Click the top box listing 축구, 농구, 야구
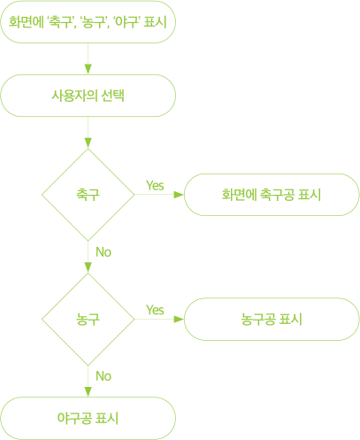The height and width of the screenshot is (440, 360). (x=88, y=22)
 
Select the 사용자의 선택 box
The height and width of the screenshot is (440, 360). (x=88, y=96)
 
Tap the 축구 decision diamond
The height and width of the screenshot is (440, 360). (x=88, y=195)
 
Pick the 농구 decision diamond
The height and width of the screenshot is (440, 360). (x=88, y=320)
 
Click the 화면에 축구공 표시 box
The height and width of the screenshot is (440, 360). (x=272, y=195)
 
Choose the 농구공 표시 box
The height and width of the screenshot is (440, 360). (x=272, y=320)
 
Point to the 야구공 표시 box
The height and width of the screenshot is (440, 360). (x=88, y=419)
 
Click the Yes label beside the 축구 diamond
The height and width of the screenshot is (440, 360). (x=155, y=186)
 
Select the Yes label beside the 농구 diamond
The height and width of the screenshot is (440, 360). (x=155, y=310)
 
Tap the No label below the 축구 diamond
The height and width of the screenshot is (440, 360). (x=103, y=252)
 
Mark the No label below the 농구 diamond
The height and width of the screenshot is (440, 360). (x=103, y=376)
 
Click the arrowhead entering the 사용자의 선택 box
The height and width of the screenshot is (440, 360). (x=88, y=69)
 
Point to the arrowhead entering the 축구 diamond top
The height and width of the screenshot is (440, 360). (x=88, y=143)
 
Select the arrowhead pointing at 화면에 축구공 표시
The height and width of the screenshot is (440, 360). (x=179, y=195)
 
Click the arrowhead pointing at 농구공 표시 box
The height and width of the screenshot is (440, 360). (x=179, y=320)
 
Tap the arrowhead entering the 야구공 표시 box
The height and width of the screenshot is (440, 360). (x=88, y=392)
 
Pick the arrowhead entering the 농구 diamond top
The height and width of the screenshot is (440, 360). (x=88, y=267)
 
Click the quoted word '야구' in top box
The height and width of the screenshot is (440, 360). (x=126, y=22)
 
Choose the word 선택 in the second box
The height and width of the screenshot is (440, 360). (x=112, y=96)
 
